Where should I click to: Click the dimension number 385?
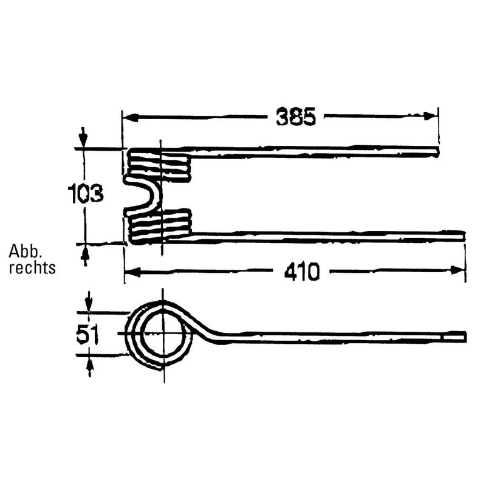(x=296, y=117)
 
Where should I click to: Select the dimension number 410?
(x=301, y=272)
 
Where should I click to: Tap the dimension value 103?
(x=86, y=194)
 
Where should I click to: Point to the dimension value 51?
(x=87, y=334)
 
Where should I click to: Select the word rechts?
(x=32, y=267)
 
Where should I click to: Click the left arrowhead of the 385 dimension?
(x=130, y=117)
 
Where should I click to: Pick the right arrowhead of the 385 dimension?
(x=431, y=116)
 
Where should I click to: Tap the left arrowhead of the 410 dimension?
(x=132, y=272)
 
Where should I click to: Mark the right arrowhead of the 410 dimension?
(x=458, y=270)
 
